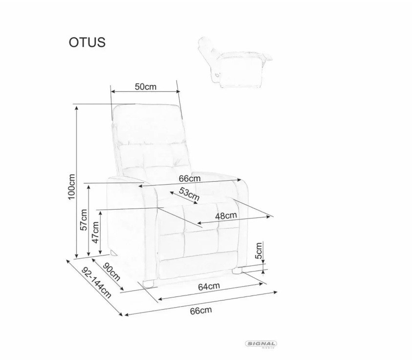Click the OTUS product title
pyautogui.click(x=87, y=42)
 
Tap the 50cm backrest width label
pyautogui.click(x=146, y=86)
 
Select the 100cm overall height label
pyautogui.click(x=71, y=187)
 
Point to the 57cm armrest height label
pyautogui.click(x=84, y=220)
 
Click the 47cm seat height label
pyautogui.click(x=95, y=233)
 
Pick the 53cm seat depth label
pyautogui.click(x=189, y=194)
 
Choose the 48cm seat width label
pyautogui.click(x=226, y=216)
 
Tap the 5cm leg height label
pyautogui.click(x=259, y=251)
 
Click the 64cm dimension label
pyautogui.click(x=209, y=286)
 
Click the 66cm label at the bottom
pyautogui.click(x=201, y=311)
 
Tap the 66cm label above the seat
pyautogui.click(x=190, y=179)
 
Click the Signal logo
pyautogui.click(x=261, y=344)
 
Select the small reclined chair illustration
pyautogui.click(x=235, y=62)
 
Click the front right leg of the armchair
pyautogui.click(x=237, y=271)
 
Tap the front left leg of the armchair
pyautogui.click(x=148, y=284)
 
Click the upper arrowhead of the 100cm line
pyautogui.click(x=76, y=108)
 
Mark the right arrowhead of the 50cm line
pyautogui.click(x=178, y=91)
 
